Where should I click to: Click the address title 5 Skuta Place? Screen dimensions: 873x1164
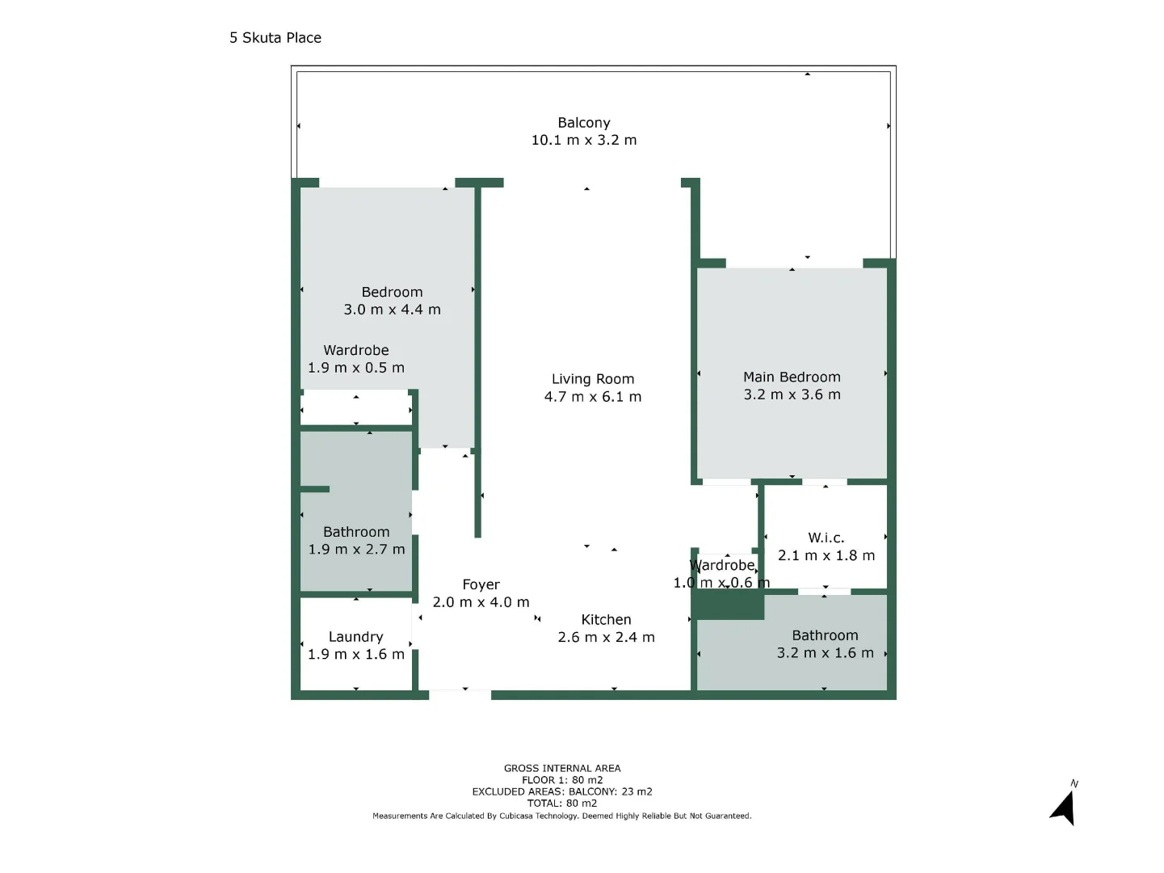coord(275,38)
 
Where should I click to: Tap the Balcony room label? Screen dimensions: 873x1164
coord(583,123)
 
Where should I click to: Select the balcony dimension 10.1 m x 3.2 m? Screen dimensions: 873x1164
coord(583,140)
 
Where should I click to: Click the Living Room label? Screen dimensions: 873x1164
coord(592,379)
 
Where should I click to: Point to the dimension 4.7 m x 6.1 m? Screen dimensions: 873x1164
coord(592,397)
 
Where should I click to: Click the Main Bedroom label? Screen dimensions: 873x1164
coord(792,377)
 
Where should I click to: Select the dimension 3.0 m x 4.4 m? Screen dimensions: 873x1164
coord(392,310)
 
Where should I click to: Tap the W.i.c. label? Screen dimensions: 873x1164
coord(826,538)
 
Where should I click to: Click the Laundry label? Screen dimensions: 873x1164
coord(355,637)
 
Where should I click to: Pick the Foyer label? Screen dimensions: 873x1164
coord(481,584)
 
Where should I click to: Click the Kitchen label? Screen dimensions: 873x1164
coord(606,620)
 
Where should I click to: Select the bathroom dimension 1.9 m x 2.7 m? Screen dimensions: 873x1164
coord(356,550)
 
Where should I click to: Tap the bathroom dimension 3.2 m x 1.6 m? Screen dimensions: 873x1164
coord(825,653)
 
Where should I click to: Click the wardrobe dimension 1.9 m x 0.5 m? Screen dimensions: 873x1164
coord(355,368)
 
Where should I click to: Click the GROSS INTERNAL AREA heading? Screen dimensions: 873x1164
coord(562,769)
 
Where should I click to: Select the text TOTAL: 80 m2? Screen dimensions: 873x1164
coord(562,803)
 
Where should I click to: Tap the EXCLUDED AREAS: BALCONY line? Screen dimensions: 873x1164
coord(562,792)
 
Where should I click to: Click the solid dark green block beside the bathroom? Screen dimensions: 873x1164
coord(729,605)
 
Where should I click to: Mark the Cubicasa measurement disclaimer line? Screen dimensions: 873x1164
coord(562,816)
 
